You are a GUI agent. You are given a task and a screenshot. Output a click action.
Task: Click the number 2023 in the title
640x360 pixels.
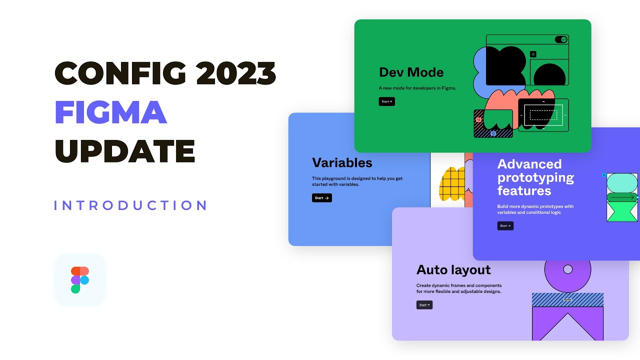click(x=236, y=73)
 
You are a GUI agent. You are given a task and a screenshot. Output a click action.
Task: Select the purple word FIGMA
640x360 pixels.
click(x=110, y=112)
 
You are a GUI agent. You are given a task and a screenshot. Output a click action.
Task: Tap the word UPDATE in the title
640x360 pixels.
click(x=124, y=151)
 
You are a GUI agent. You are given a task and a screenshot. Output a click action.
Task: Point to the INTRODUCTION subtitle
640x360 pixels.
click(x=130, y=205)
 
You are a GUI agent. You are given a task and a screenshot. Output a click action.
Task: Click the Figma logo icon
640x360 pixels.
click(x=80, y=280)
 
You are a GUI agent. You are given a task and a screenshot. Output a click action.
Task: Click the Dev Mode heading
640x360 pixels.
click(x=411, y=72)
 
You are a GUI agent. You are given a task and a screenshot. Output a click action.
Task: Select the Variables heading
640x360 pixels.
click(x=342, y=163)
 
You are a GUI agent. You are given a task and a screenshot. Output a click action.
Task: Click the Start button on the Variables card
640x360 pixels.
click(x=321, y=198)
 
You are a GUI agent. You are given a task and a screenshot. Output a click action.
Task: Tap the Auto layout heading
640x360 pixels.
click(x=453, y=270)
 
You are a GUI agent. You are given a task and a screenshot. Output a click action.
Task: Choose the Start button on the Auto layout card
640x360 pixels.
click(x=424, y=305)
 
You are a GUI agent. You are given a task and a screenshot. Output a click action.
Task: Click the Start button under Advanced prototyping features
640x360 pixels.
click(x=505, y=226)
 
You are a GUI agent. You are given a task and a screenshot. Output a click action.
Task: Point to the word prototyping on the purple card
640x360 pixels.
click(x=535, y=177)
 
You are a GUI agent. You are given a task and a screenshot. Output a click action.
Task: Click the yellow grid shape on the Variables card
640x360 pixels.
click(x=452, y=184)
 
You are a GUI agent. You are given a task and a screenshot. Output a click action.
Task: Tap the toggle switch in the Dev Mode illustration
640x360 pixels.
click(x=561, y=39)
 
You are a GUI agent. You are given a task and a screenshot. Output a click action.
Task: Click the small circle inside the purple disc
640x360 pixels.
click(x=567, y=269)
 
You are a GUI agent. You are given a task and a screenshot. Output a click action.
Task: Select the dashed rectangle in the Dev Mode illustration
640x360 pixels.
click(x=543, y=115)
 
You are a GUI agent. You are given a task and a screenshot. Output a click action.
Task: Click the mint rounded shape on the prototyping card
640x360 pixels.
click(x=622, y=182)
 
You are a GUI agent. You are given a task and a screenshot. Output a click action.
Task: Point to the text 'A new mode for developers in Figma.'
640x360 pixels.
click(x=417, y=88)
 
